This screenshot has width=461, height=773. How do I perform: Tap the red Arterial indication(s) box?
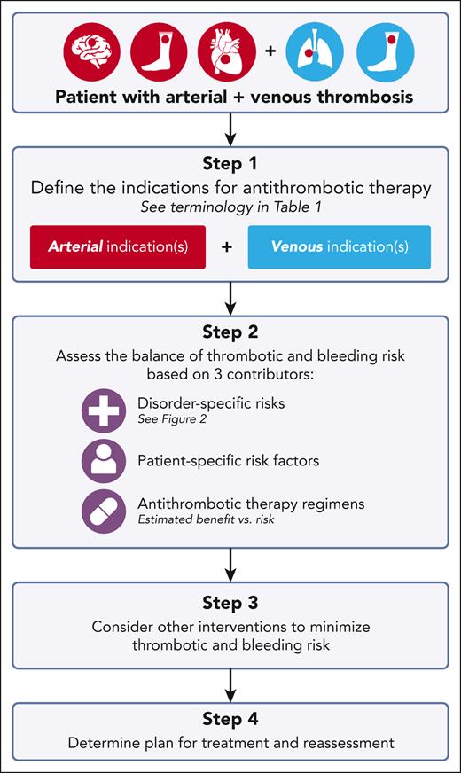tap(118, 246)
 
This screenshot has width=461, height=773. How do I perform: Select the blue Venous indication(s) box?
tap(340, 246)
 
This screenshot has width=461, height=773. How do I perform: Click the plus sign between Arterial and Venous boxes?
tap(228, 247)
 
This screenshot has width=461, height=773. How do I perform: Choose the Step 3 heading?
tap(230, 604)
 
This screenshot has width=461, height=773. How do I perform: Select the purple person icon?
tap(103, 461)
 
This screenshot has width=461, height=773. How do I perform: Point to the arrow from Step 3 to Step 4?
tap(230, 682)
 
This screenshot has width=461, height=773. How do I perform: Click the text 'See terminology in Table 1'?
tap(230, 209)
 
